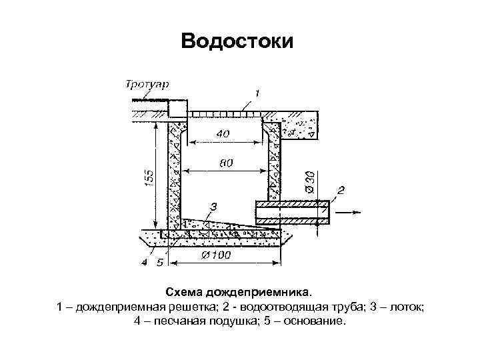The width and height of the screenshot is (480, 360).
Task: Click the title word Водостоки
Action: (x=237, y=42)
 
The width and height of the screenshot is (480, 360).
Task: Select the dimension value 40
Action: (x=222, y=134)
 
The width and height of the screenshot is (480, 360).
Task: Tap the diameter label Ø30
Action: (x=309, y=179)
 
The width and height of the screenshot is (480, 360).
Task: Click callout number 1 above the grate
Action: (x=257, y=91)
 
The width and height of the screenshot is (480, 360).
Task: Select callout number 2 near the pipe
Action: (x=341, y=191)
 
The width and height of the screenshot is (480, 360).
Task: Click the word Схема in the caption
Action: (x=185, y=293)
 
